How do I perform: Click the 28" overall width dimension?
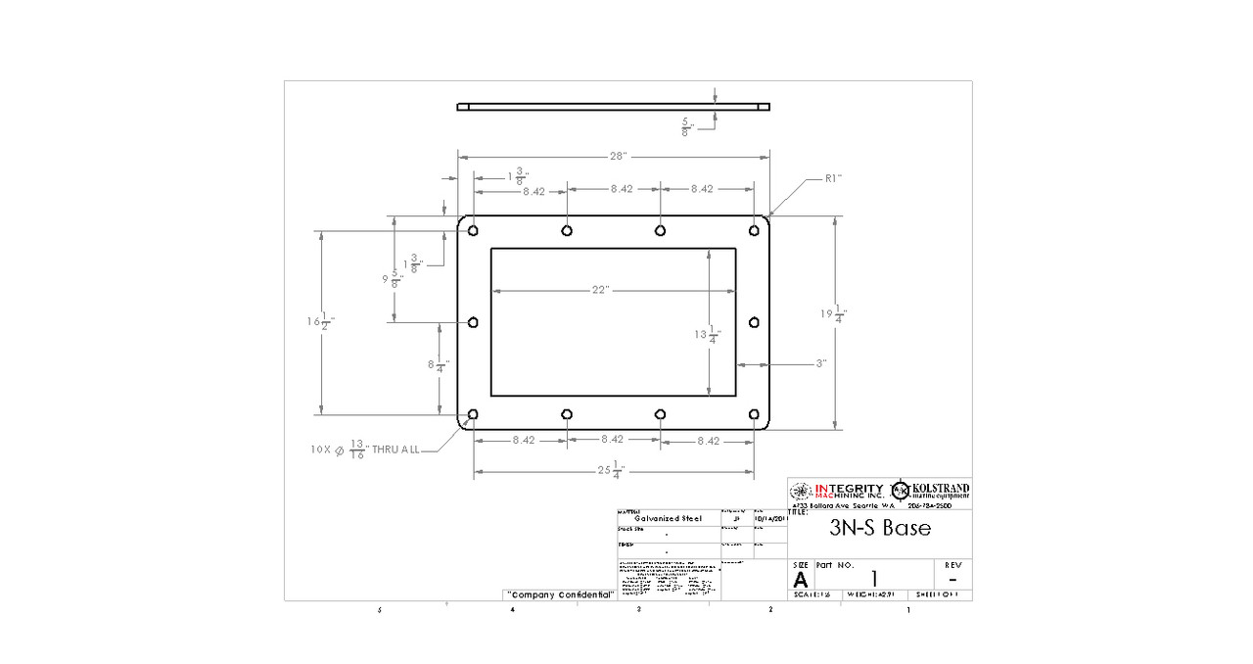click(617, 157)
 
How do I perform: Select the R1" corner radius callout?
click(833, 178)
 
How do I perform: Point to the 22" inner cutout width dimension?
click(600, 290)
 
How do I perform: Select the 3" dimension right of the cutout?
click(820, 363)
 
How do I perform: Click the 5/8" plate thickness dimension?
click(689, 125)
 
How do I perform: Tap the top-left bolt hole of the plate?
click(474, 231)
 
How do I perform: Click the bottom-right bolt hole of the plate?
click(754, 415)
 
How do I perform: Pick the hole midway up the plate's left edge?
click(474, 322)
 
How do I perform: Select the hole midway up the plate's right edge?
click(754, 322)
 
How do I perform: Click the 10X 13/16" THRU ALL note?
click(364, 449)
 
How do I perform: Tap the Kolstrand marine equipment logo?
click(930, 490)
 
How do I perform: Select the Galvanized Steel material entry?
click(668, 519)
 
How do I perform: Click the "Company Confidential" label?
click(561, 594)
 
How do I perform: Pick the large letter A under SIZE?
click(801, 579)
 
